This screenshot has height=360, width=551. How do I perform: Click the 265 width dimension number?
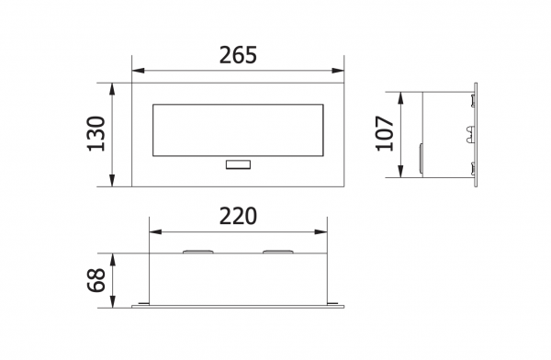(x=238, y=54)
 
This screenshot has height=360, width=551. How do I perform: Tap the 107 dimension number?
(x=385, y=134)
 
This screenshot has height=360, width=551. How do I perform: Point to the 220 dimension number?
(x=238, y=216)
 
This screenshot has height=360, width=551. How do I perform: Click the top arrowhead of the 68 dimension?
(x=113, y=258)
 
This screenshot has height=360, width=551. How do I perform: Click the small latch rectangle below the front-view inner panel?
(x=238, y=165)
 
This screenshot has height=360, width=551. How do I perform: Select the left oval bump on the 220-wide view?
(x=197, y=251)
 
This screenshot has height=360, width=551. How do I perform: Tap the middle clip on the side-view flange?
(x=470, y=134)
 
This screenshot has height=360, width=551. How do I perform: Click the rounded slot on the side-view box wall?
(x=422, y=158)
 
